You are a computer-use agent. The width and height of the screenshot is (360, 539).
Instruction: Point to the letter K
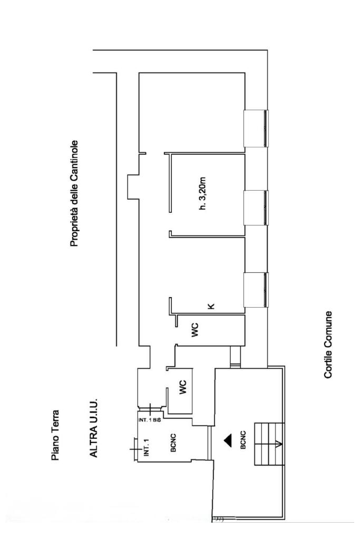(212, 306)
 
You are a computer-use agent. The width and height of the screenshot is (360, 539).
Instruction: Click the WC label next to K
(194, 332)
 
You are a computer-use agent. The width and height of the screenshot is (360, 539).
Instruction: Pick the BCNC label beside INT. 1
(172, 442)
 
